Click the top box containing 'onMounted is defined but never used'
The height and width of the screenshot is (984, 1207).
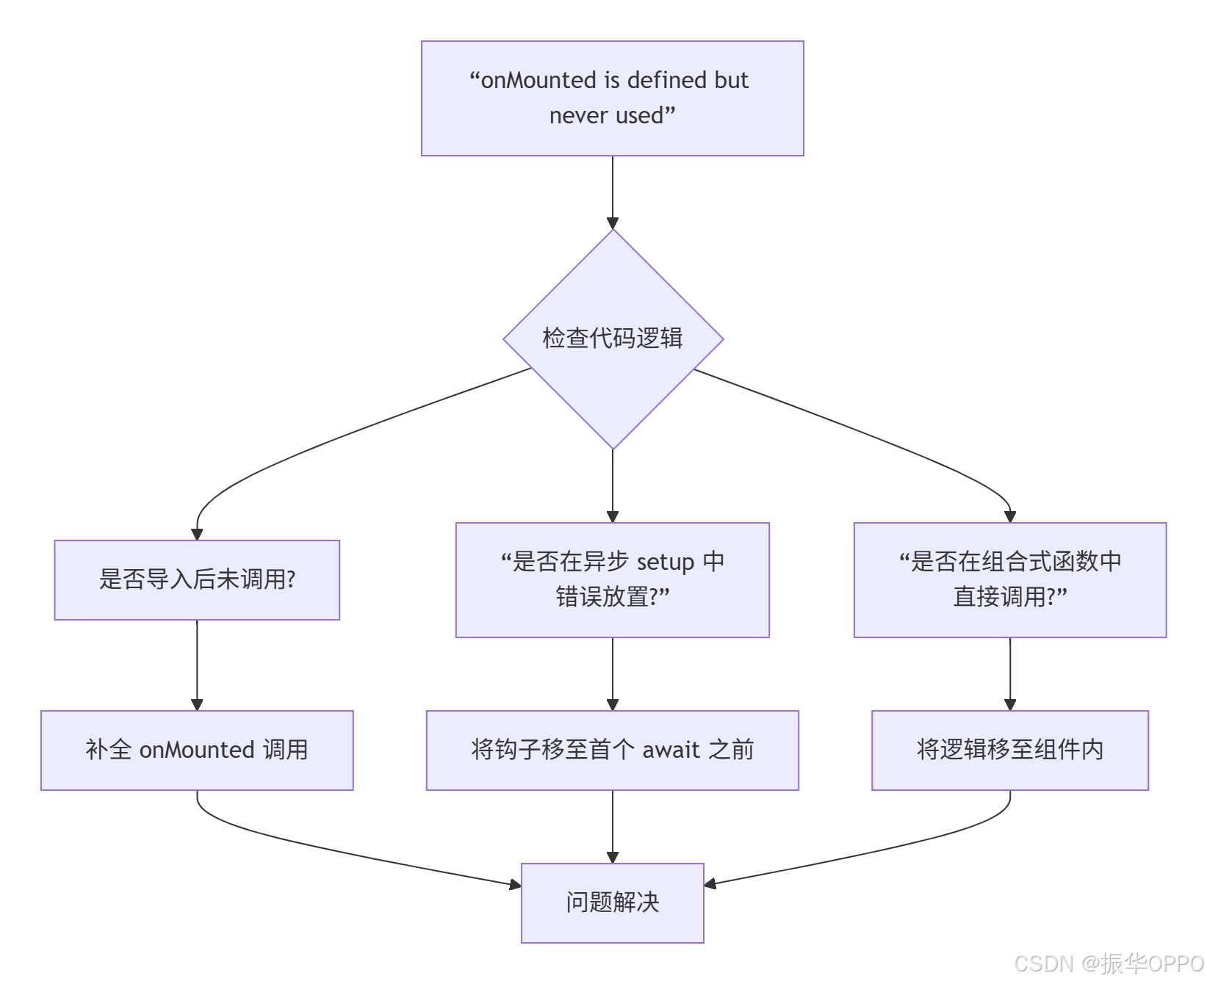[612, 98]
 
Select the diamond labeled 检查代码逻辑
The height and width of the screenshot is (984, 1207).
[613, 339]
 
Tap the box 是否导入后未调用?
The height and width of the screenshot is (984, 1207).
[197, 579]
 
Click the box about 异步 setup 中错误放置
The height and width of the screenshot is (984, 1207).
[612, 579]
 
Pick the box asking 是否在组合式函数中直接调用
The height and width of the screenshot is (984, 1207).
[1009, 579]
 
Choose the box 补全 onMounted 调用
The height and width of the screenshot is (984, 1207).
[197, 750]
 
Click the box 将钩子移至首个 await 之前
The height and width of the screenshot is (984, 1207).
[612, 750]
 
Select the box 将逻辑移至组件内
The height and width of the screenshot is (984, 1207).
[1009, 750]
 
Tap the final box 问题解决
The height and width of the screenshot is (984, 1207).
[612, 902]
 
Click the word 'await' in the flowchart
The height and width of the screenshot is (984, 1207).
[671, 750]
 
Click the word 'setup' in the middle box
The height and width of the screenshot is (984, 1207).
[666, 562]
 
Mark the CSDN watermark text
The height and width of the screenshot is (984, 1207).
[1109, 963]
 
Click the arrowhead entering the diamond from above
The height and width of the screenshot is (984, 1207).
[613, 223]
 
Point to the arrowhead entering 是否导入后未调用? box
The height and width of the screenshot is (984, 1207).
[197, 534]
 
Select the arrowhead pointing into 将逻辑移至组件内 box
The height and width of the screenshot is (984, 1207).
[1010, 704]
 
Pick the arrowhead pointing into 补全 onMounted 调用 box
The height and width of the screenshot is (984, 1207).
[197, 704]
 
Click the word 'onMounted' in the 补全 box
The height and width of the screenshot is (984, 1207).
[197, 750]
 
